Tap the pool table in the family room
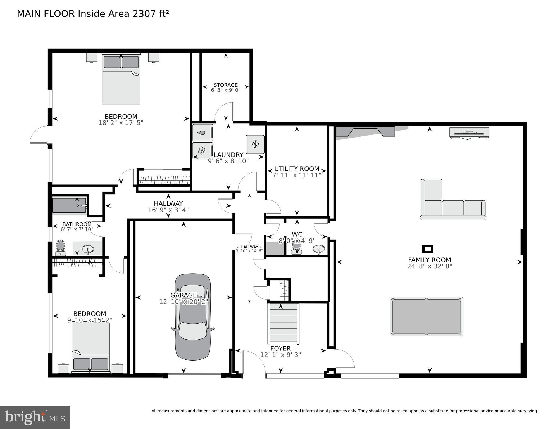[426, 316]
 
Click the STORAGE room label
[226, 85]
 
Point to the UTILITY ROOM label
[297, 169]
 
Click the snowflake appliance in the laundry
[255, 144]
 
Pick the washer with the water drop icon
[203, 133]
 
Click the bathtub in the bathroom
[69, 205]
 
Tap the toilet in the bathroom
[60, 248]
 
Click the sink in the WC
[318, 248]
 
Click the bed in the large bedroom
[121, 80]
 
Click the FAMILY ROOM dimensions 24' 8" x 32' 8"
[429, 266]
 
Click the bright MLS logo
[35, 417]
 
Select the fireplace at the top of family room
[365, 131]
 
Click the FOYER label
[280, 349]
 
